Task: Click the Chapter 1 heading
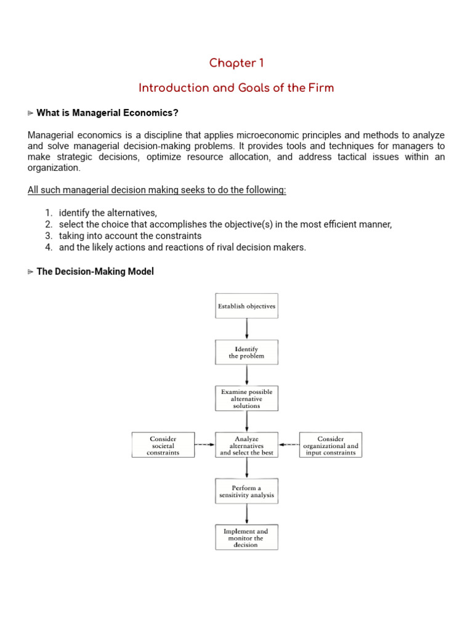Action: click(236, 63)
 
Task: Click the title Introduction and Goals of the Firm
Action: click(236, 88)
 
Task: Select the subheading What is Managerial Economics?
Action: click(107, 113)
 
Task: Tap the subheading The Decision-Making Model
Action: click(95, 272)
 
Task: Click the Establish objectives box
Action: click(246, 306)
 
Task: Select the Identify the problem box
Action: click(246, 352)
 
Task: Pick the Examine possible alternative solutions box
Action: click(246, 399)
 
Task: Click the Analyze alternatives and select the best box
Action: click(246, 445)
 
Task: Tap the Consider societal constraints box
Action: click(163, 445)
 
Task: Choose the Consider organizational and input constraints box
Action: click(331, 445)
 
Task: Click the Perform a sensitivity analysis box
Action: click(246, 491)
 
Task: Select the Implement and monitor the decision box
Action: click(246, 537)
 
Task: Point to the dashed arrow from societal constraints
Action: click(204, 444)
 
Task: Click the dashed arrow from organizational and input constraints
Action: click(288, 444)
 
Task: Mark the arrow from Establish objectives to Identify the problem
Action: click(247, 329)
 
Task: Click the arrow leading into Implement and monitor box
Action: click(247, 515)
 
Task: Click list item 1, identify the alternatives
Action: click(108, 213)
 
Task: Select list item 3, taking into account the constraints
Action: click(130, 236)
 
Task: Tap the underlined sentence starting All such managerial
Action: click(157, 190)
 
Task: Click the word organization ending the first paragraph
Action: click(54, 168)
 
